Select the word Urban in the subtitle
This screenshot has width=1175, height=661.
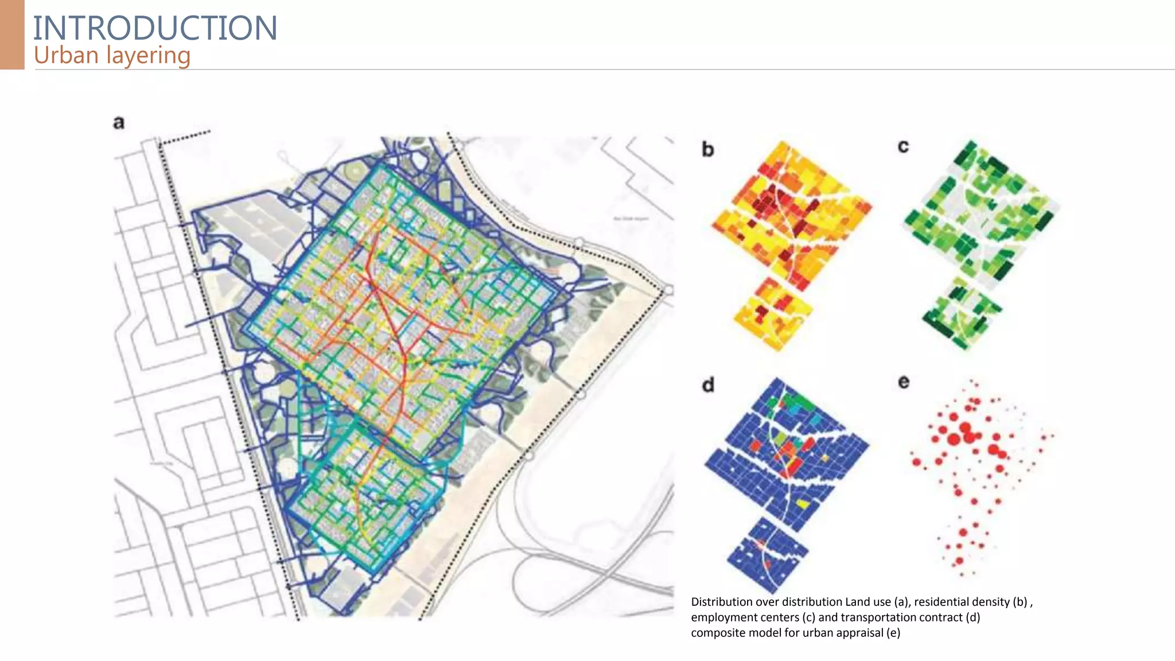[66, 56]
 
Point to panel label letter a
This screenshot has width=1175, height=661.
[119, 122]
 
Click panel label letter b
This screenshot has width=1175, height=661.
[708, 150]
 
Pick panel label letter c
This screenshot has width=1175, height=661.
[903, 147]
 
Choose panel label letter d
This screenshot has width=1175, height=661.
[709, 384]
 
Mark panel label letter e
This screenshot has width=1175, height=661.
[904, 382]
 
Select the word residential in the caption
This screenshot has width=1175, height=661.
[941, 602]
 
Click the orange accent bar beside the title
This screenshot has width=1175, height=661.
[12, 34]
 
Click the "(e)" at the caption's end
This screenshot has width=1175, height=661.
[893, 633]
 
